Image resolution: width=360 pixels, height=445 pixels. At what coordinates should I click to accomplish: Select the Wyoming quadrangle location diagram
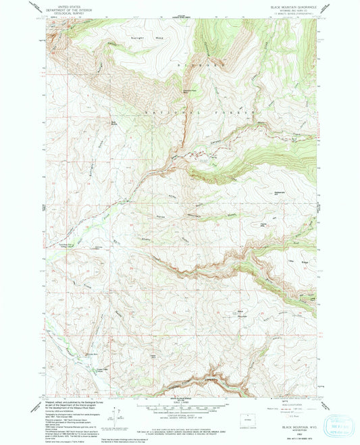(x=247, y=416)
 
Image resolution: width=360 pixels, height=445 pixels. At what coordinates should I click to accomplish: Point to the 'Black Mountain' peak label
(x=240, y=312)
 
